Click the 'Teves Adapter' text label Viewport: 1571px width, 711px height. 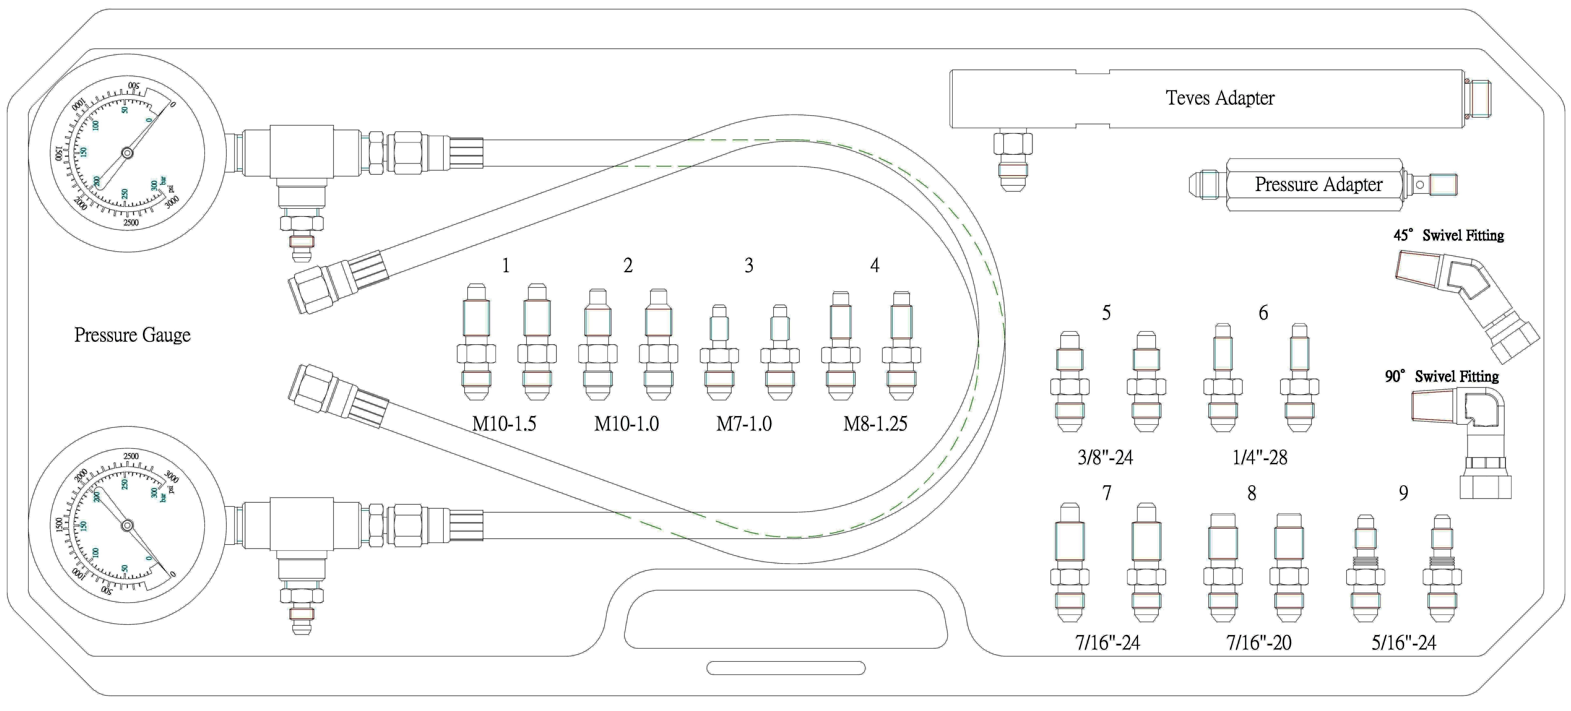click(1220, 98)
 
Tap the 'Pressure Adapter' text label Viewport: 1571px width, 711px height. click(1318, 184)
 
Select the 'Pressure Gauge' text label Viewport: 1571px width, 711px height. click(132, 335)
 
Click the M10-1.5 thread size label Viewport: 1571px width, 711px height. click(504, 423)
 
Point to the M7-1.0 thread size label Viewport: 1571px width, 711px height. click(744, 423)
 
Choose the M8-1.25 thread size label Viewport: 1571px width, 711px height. click(875, 423)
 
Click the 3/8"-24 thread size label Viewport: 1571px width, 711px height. click(1105, 457)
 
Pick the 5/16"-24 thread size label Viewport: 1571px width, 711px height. click(1404, 642)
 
